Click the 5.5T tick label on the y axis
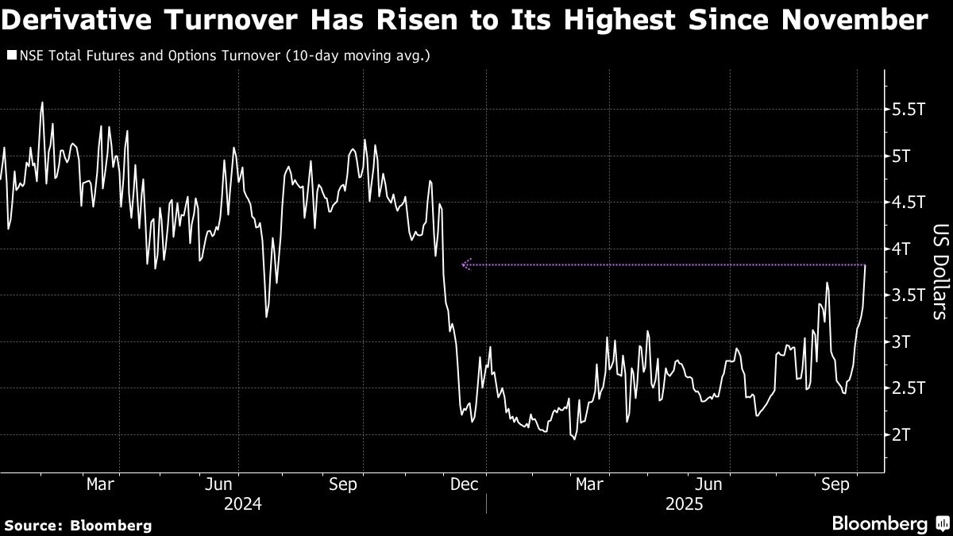[x=909, y=108]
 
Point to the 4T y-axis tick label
[x=904, y=249]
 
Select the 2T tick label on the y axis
[x=904, y=435]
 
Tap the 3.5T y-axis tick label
[x=909, y=295]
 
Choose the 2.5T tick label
[x=909, y=388]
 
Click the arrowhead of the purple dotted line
[x=465, y=264]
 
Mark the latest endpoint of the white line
[x=865, y=265]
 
